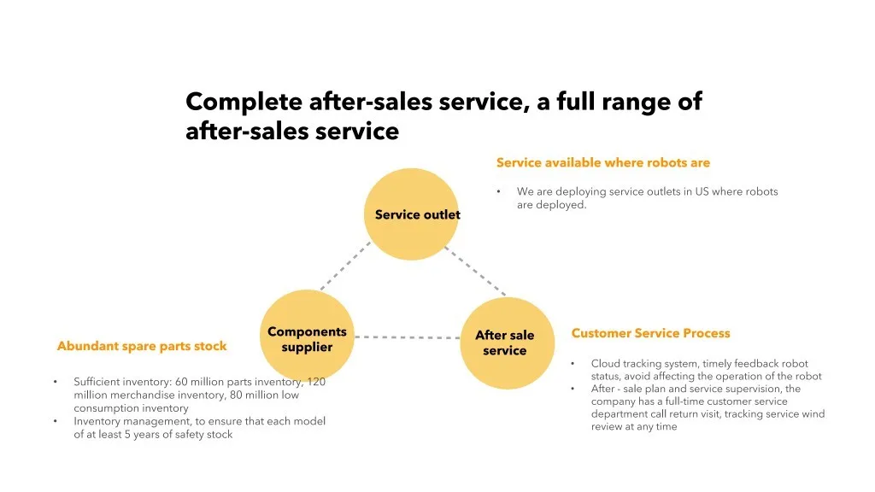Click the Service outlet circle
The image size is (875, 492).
coord(412,214)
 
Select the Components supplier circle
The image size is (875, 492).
coord(307,338)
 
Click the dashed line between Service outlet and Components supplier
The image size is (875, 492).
coord(345,266)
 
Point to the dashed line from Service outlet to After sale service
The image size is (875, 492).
coord(476,269)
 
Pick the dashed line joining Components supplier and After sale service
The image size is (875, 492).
coord(408,337)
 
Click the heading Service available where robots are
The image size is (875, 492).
coord(602,162)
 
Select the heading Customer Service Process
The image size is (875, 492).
coord(650,333)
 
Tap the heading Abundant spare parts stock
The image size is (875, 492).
coord(142,346)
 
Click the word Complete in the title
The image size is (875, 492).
coord(244,102)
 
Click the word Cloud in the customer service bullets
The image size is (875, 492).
coord(606,364)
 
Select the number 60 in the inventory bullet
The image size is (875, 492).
coord(183,382)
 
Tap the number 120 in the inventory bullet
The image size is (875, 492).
coord(316,382)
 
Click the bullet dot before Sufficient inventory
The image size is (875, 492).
coord(55,382)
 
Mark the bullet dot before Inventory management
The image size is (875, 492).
coord(55,421)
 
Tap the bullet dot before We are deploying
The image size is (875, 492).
coord(498,191)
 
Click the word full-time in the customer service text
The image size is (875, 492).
coord(675,401)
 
